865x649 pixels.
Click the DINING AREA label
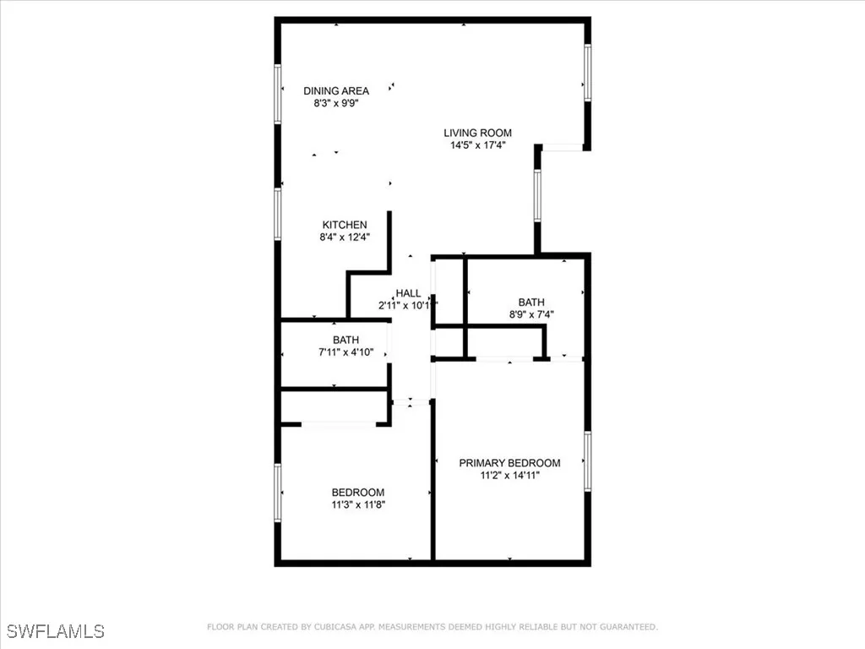coord(336,90)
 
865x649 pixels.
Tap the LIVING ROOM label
coord(478,133)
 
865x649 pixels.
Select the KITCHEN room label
coord(345,225)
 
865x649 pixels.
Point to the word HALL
coord(408,293)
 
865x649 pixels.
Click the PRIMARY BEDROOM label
coord(509,463)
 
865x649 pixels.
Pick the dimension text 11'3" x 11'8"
coord(357,505)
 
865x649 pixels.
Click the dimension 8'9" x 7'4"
coord(531,314)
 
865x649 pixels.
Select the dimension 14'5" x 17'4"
coord(478,145)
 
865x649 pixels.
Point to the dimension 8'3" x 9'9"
coord(336,103)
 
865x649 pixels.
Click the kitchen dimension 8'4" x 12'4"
coord(345,237)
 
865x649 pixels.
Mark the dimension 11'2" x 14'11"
coord(509,476)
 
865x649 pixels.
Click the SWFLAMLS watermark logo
coord(56,631)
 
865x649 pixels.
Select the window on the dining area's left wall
coord(277,95)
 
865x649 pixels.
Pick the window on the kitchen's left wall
coord(277,214)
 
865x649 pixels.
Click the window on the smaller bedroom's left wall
coord(277,492)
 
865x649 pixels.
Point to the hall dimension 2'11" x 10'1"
coord(408,305)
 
